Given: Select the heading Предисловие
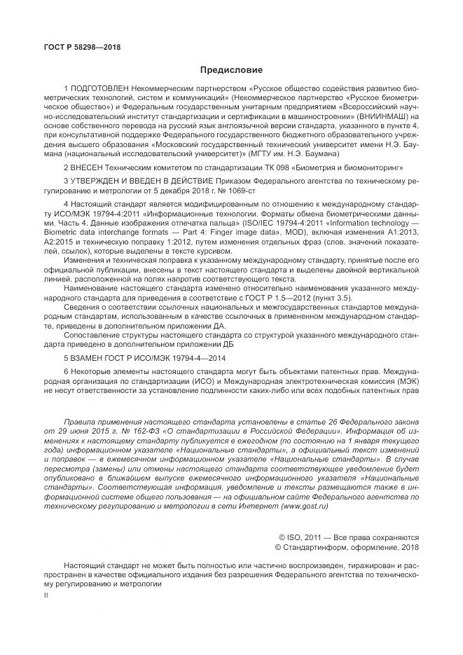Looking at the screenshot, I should pyautogui.click(x=231, y=70).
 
